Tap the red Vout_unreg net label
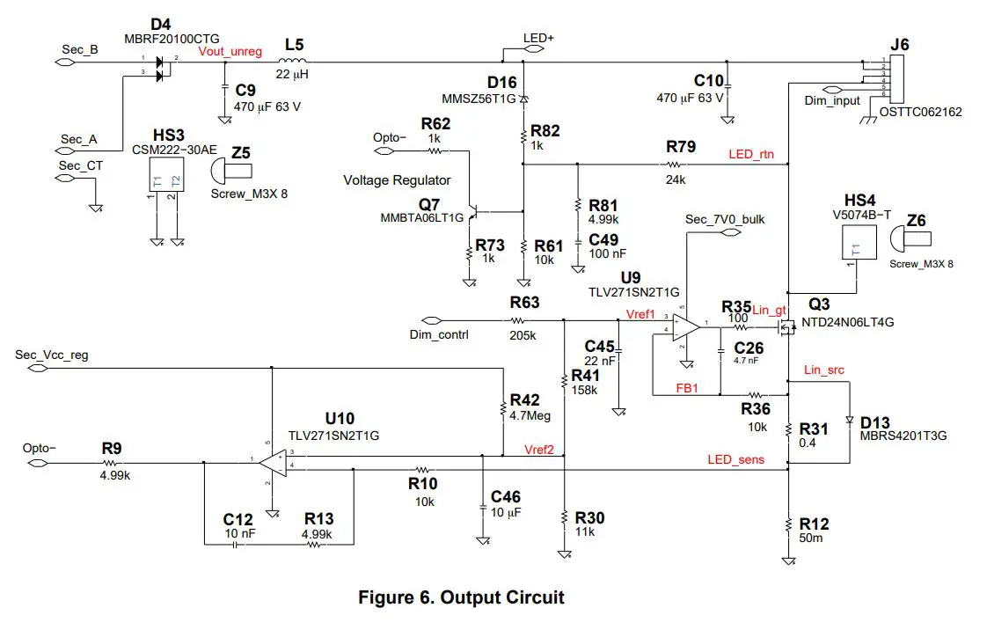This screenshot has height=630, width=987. pyautogui.click(x=230, y=52)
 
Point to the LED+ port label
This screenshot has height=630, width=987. pyautogui.click(x=538, y=39)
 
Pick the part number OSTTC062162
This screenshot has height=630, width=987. pyautogui.click(x=915, y=112)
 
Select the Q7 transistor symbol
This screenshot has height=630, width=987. pyautogui.click(x=478, y=212)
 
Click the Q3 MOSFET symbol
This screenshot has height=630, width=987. pyautogui.click(x=784, y=326)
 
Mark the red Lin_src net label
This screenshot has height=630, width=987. pyautogui.click(x=823, y=370)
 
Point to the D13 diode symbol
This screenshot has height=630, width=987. pyautogui.click(x=849, y=420)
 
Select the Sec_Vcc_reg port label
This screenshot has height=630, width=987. pyautogui.click(x=52, y=355)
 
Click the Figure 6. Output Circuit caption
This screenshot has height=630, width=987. pyautogui.click(x=461, y=597)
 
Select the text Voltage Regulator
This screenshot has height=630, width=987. pyautogui.click(x=397, y=180)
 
